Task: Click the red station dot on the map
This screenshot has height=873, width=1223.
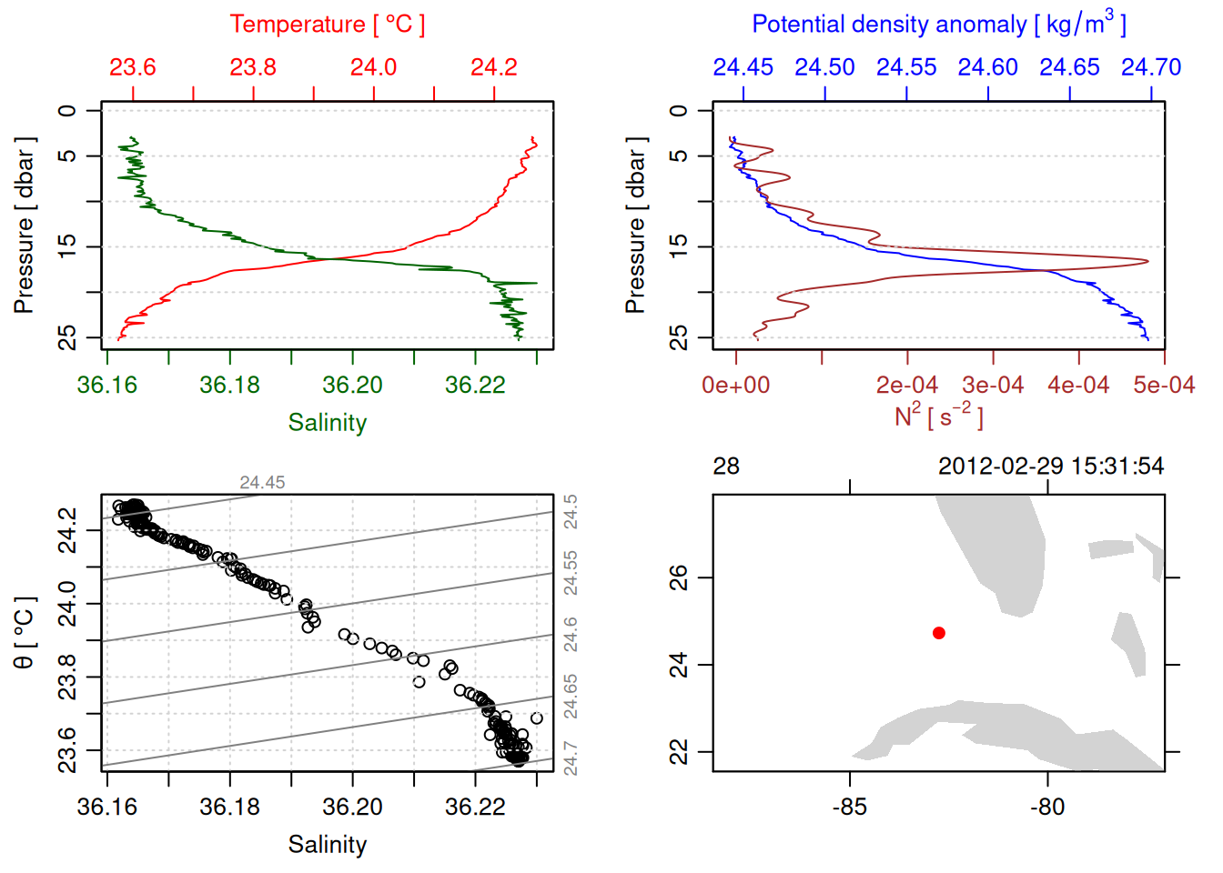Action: pyautogui.click(x=939, y=633)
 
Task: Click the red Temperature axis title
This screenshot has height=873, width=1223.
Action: pyautogui.click(x=327, y=25)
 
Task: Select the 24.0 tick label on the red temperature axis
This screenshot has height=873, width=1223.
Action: pyautogui.click(x=374, y=67)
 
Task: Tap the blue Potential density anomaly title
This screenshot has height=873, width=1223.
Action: pyautogui.click(x=938, y=25)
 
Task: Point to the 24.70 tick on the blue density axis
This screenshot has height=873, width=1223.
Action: pyautogui.click(x=1151, y=67)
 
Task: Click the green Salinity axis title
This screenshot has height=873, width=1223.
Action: pyautogui.click(x=327, y=423)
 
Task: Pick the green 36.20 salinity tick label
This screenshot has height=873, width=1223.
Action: pyautogui.click(x=352, y=386)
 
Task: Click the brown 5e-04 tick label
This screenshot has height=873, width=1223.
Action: pyautogui.click(x=1164, y=386)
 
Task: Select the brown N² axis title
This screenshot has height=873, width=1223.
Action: pyautogui.click(x=938, y=416)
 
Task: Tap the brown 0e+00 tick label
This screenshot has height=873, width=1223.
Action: pyautogui.click(x=735, y=386)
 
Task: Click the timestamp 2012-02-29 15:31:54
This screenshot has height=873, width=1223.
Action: pyautogui.click(x=1051, y=467)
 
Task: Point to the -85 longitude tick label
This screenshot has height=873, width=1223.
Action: pyautogui.click(x=850, y=808)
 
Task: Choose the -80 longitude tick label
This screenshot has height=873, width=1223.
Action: pyautogui.click(x=1047, y=808)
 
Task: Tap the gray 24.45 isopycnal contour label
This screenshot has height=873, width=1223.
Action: pyautogui.click(x=262, y=483)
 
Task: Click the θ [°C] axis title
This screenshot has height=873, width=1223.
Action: pyautogui.click(x=25, y=633)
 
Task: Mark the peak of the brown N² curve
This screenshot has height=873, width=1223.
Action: pyautogui.click(x=1147, y=261)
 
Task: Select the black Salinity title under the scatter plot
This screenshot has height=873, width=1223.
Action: pyautogui.click(x=327, y=845)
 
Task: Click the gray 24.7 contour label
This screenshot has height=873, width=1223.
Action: pyautogui.click(x=571, y=758)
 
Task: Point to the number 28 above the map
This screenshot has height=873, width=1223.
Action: pyautogui.click(x=726, y=467)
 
